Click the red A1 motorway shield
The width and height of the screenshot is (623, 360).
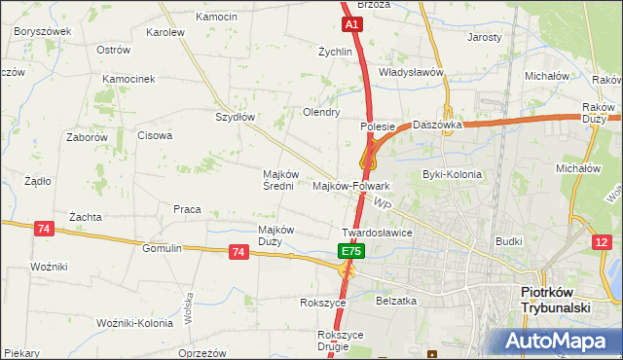point(352,23)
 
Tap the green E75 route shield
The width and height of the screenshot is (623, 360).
point(351,251)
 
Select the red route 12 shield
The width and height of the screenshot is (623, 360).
point(604,241)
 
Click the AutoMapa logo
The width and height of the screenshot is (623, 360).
point(558,342)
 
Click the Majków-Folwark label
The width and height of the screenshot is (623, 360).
point(351,186)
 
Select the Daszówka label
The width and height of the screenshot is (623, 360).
point(436,126)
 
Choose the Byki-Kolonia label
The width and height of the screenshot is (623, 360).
point(452,175)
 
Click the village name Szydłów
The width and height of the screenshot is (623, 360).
point(235,117)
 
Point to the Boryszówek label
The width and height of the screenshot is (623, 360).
point(43,31)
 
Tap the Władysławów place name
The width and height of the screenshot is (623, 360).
point(411,72)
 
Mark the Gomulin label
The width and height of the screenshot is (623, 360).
point(162,248)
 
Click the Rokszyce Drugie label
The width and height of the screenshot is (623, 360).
point(340,341)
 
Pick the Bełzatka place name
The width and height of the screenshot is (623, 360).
point(396,302)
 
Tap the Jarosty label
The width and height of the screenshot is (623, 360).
point(484,37)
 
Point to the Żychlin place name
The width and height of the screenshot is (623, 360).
point(335,52)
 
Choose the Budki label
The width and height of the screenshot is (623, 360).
point(509,240)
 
